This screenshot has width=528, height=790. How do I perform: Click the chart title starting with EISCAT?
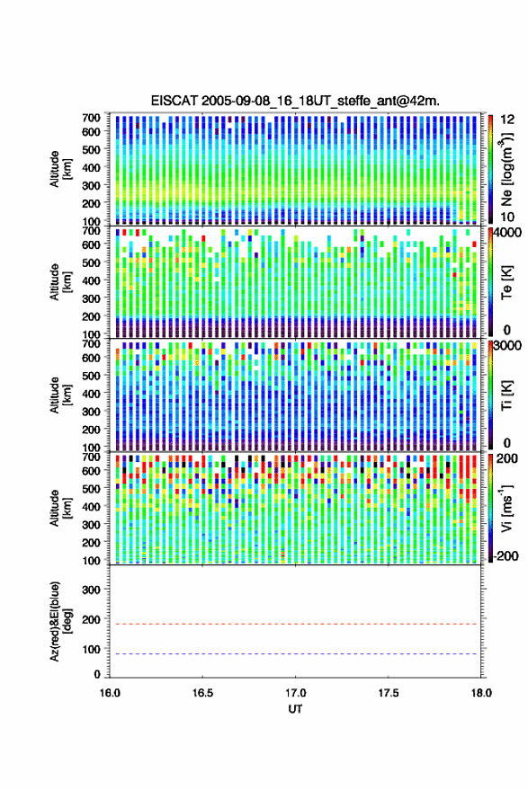(x=295, y=101)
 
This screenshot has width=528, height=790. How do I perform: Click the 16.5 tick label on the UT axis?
(x=202, y=693)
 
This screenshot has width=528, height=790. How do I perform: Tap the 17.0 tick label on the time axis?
(x=295, y=693)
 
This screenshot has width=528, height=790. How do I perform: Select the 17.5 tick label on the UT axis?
(x=389, y=693)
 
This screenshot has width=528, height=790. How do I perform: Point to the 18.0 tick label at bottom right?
(x=481, y=693)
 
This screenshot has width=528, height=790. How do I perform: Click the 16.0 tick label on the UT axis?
(x=110, y=693)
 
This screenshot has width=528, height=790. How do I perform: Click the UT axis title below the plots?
(x=295, y=709)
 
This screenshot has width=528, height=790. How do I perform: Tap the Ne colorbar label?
(x=506, y=169)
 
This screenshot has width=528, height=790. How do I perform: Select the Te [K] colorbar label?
(x=506, y=282)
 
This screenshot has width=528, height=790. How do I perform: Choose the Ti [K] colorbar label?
(x=506, y=395)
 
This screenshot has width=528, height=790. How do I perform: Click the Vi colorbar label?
(x=506, y=508)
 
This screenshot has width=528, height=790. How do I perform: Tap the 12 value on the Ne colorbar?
(x=507, y=120)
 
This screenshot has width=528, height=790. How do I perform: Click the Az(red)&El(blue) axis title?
(x=59, y=621)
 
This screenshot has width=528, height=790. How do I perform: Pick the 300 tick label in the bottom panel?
(x=91, y=590)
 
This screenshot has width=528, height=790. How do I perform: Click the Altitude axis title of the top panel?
(x=59, y=169)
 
